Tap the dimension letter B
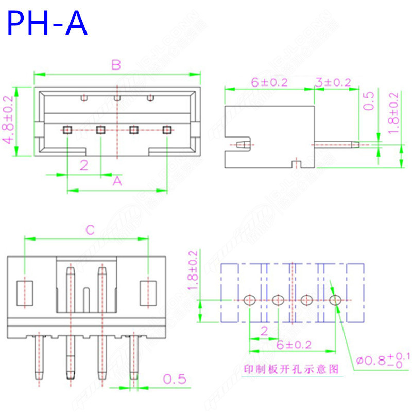pyautogui.click(x=116, y=65)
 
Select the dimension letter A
pyautogui.click(x=117, y=181)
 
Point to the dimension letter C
pyautogui.click(x=90, y=230)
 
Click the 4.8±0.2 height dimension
pyautogui.click(x=9, y=122)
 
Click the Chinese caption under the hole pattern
pyautogui.click(x=290, y=369)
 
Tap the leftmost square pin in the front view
pyautogui.click(x=67, y=130)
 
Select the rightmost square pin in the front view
pyautogui.click(x=166, y=130)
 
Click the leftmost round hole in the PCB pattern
pyautogui.click(x=250, y=299)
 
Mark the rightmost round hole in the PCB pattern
pyautogui.click(x=335, y=299)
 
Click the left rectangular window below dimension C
pyautogui.click(x=25, y=293)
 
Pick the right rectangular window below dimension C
pyautogui.click(x=148, y=293)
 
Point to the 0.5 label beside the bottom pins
pyautogui.click(x=175, y=380)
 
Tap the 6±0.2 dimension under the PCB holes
pyautogui.click(x=292, y=345)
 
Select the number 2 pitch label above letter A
pyautogui.click(x=83, y=165)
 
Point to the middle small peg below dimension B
pyautogui.click(x=117, y=97)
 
